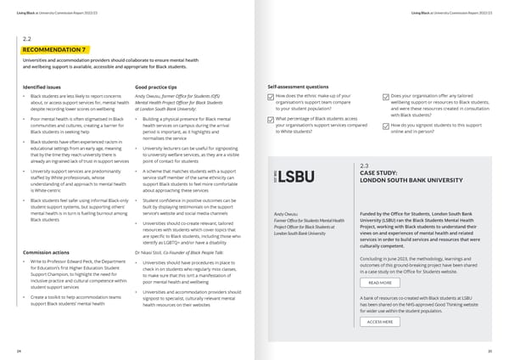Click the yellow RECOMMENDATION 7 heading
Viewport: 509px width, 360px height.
[x=53, y=50]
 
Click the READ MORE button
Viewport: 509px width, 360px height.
[x=379, y=283]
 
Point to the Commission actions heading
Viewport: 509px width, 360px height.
[x=46, y=252]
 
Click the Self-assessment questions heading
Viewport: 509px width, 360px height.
[x=298, y=87]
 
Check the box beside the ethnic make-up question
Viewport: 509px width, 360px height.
[x=271, y=97]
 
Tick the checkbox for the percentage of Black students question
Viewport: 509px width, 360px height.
[x=271, y=120]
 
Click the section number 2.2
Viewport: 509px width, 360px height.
[x=26, y=39]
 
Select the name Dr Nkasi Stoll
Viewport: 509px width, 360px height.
[x=154, y=252]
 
